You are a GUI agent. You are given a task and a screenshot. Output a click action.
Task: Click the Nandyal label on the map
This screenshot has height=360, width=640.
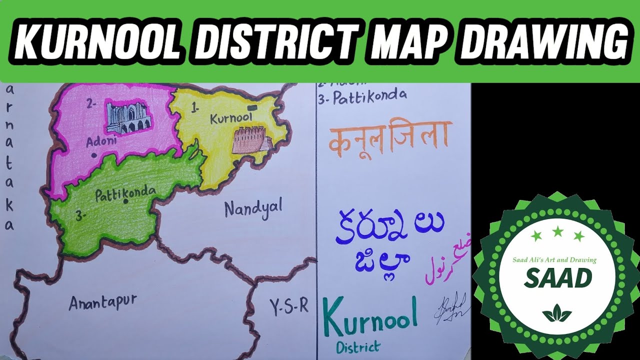[x=253, y=207]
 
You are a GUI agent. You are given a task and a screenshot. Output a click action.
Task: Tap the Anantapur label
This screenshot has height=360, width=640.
[x=102, y=301]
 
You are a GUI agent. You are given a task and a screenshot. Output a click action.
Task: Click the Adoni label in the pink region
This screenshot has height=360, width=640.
[x=101, y=141]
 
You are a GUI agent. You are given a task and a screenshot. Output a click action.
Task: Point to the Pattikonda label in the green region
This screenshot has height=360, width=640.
[x=125, y=192]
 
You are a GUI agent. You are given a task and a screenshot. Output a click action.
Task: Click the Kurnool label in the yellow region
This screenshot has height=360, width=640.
[x=229, y=118]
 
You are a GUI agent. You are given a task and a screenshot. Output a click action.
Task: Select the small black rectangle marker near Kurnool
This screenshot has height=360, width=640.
[x=252, y=107]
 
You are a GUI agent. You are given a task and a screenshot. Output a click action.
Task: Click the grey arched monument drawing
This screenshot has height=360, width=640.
[x=128, y=116]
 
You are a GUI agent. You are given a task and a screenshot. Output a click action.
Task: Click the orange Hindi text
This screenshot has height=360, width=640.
[x=390, y=136]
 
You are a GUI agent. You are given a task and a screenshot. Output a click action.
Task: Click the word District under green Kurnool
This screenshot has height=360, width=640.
[x=358, y=346]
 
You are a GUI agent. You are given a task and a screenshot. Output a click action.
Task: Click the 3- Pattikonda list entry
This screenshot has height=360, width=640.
[x=362, y=95]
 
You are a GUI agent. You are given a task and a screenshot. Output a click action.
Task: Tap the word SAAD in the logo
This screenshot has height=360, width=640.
[x=557, y=278]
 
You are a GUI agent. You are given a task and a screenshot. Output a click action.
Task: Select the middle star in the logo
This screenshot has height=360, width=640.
[x=558, y=231]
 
